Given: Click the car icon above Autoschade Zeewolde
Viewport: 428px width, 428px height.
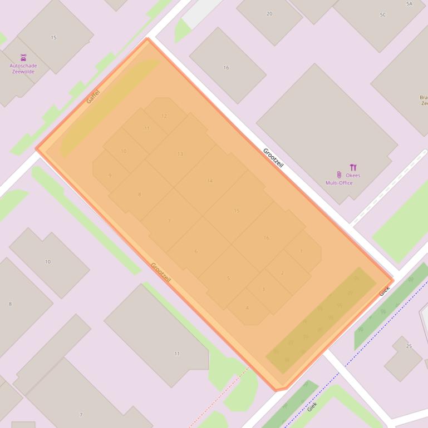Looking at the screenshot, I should coord(23,57).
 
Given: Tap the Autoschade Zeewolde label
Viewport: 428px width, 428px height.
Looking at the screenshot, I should coord(23,68).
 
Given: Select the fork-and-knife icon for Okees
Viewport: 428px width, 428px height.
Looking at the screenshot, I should coord(353,167).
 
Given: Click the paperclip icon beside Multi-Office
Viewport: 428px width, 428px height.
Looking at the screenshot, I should coord(339,175).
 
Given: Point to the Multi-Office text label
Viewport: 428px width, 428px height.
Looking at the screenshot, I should coord(339,183).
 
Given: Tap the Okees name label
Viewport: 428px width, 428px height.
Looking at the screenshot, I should coord(353,176).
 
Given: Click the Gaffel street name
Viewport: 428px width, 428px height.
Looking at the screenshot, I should coord(93,96).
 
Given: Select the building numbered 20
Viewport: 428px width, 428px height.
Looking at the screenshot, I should coord(269,14).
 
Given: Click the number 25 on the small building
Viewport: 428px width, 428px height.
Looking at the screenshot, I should coord(409,346).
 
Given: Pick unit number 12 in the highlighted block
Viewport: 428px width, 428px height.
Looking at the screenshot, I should coord(164,116).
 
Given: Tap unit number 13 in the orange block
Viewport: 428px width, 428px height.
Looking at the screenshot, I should coord(180,154).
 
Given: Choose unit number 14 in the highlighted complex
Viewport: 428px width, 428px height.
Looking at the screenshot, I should coord(210,181).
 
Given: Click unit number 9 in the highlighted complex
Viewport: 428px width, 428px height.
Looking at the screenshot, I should coord(110,176).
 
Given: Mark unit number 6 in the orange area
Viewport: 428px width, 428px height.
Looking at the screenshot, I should coord(196,252).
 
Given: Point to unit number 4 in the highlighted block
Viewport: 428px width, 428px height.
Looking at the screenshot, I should coord(247,308).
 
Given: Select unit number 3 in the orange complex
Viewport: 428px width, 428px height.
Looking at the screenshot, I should coord(263,289).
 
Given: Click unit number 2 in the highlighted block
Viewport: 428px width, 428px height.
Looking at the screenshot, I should coord(282,273).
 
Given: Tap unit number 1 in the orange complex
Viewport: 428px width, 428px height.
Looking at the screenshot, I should coord(301,251).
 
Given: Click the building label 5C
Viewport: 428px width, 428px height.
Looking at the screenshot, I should coord(383,15).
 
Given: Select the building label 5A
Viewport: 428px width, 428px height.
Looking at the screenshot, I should coord(410,4).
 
